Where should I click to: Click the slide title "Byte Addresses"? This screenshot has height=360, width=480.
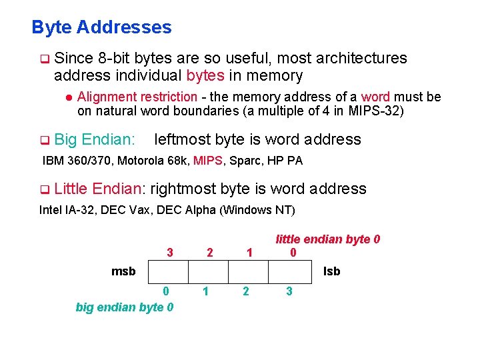point(101,27)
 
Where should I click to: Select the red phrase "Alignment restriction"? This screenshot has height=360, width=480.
point(137,97)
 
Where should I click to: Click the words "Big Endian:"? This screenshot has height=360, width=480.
point(95,139)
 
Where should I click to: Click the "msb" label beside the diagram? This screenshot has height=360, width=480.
point(123,271)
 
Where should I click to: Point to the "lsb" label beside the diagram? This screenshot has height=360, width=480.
point(331,271)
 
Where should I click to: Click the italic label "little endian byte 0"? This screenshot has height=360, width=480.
point(328,239)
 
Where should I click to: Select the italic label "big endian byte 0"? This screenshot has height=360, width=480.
point(125,307)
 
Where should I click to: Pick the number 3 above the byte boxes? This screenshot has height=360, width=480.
point(170,253)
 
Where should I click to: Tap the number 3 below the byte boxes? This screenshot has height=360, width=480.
point(288,291)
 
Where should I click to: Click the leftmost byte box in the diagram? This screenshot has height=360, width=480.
point(167,272)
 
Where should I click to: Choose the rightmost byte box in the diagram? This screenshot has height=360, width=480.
point(288,272)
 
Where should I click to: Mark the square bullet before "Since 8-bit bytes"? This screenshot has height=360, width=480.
point(45,59)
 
